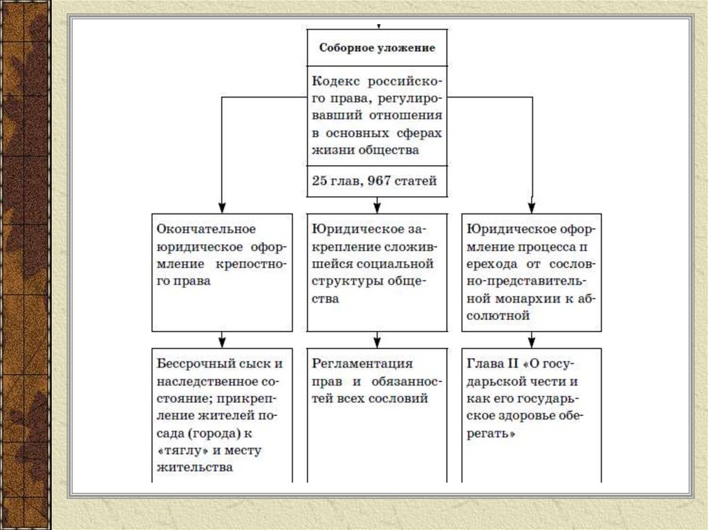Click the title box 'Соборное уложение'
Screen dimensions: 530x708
pos(377,48)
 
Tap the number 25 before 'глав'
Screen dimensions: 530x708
pos(320,182)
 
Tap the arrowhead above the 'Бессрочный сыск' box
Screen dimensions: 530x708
pos(221,340)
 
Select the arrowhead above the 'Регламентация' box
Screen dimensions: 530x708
pos(377,340)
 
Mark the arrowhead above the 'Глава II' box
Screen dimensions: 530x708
pos(532,340)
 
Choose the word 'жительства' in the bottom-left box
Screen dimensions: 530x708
pos(194,468)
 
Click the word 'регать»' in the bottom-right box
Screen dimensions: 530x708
pos(492,435)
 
